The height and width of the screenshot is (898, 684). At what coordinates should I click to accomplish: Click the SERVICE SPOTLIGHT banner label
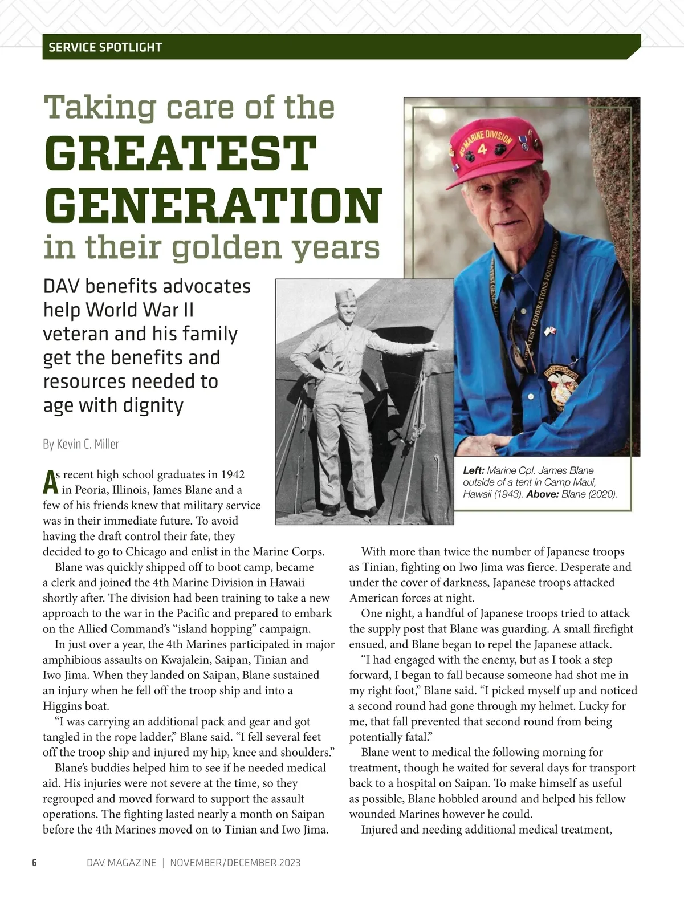(105, 47)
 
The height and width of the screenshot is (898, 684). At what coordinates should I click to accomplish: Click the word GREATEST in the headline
(180, 155)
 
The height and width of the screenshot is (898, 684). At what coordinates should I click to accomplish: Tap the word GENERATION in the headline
(213, 205)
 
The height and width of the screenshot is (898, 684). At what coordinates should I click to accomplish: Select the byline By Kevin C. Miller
(81, 444)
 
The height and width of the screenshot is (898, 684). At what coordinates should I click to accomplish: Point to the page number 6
(34, 863)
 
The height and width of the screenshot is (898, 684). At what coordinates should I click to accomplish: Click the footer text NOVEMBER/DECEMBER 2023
(235, 863)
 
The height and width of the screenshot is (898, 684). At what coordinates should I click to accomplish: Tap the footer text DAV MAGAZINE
(121, 863)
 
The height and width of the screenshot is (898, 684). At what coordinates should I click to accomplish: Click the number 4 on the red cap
(482, 150)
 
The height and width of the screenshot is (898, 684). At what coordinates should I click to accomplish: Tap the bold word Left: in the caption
(474, 470)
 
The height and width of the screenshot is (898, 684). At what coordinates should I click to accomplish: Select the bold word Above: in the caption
(542, 494)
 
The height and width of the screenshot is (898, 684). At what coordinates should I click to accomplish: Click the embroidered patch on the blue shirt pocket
(561, 380)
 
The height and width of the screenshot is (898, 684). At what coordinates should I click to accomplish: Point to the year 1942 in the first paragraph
(233, 474)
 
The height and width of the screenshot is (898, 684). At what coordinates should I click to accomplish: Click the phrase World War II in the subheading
(140, 310)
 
